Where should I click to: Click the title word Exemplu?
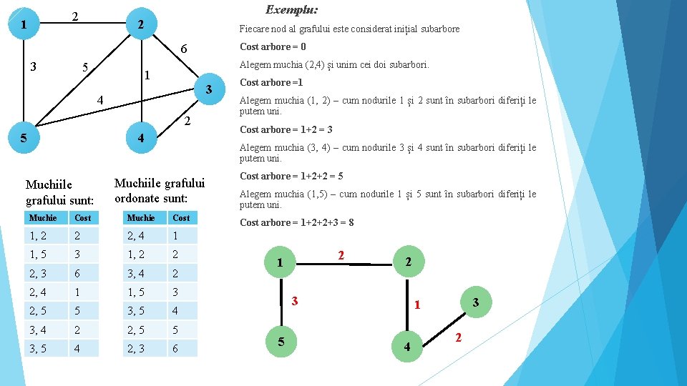292,10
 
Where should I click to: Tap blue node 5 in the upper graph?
24,138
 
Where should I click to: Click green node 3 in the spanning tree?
474,303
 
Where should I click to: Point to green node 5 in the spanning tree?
281,342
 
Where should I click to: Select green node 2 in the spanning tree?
407,262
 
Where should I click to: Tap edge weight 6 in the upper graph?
183,49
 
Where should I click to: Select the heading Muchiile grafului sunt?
59,193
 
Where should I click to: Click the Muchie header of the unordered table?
43,217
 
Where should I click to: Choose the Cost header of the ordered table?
181,217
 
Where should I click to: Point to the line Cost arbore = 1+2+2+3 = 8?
297,222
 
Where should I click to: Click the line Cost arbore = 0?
273,46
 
